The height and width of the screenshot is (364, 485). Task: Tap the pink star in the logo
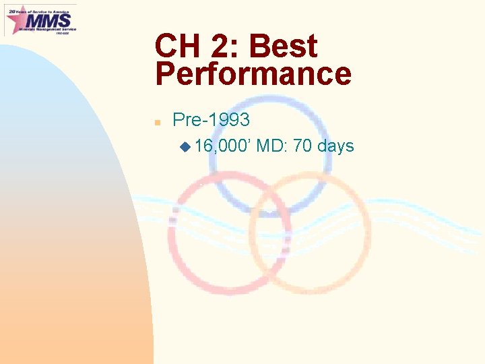click(x=16, y=21)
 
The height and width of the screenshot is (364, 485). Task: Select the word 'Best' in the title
click(x=282, y=47)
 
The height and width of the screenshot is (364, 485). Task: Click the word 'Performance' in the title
click(x=253, y=74)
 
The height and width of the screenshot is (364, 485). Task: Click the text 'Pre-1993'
click(x=211, y=120)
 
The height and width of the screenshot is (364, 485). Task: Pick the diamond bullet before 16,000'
click(x=185, y=146)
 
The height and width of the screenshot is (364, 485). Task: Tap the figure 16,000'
click(x=222, y=146)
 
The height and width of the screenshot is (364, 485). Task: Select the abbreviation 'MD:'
click(x=271, y=146)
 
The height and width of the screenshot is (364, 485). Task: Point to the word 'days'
click(x=335, y=146)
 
